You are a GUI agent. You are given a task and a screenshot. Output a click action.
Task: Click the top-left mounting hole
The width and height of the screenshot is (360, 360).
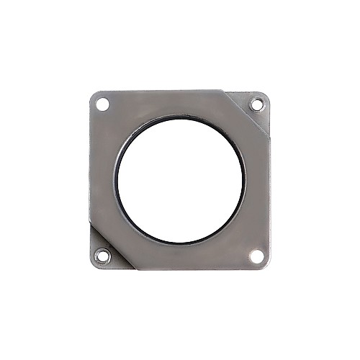[103, 105]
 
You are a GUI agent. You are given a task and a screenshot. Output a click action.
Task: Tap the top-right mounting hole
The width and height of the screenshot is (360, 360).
[256, 105]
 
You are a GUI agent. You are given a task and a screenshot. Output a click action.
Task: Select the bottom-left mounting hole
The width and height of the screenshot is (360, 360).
[103, 255]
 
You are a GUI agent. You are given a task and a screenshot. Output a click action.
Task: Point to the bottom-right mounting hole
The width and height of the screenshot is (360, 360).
[256, 255]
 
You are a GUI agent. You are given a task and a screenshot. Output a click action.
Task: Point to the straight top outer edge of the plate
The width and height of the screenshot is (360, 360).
[166, 91]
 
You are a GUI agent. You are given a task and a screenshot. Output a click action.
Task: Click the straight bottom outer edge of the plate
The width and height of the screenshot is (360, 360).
[194, 270]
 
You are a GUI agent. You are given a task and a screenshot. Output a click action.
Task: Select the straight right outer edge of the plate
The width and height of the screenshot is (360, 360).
[269, 187]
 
